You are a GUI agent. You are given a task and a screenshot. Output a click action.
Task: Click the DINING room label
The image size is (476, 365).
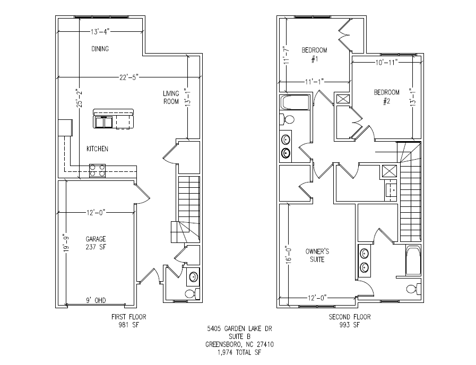[x=100, y=49]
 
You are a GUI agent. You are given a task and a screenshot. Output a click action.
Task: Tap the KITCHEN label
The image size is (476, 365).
[x=97, y=149]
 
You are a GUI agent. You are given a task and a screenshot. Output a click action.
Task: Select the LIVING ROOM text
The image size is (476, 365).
[x=171, y=98]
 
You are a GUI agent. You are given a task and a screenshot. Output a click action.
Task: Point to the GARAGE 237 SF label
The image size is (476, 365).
[x=96, y=242]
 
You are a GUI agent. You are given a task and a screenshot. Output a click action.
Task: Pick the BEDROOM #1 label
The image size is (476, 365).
[x=314, y=55]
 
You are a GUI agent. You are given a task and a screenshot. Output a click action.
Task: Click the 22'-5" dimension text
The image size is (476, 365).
[x=128, y=77]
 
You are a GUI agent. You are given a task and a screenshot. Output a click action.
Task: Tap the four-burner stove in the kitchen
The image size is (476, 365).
[x=97, y=170]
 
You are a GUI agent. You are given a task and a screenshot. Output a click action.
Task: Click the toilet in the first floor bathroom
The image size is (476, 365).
[x=189, y=293]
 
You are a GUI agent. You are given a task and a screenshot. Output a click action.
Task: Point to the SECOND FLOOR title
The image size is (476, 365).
[x=350, y=317]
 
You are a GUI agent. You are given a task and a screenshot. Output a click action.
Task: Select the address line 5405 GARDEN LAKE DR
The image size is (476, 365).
[x=240, y=329]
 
